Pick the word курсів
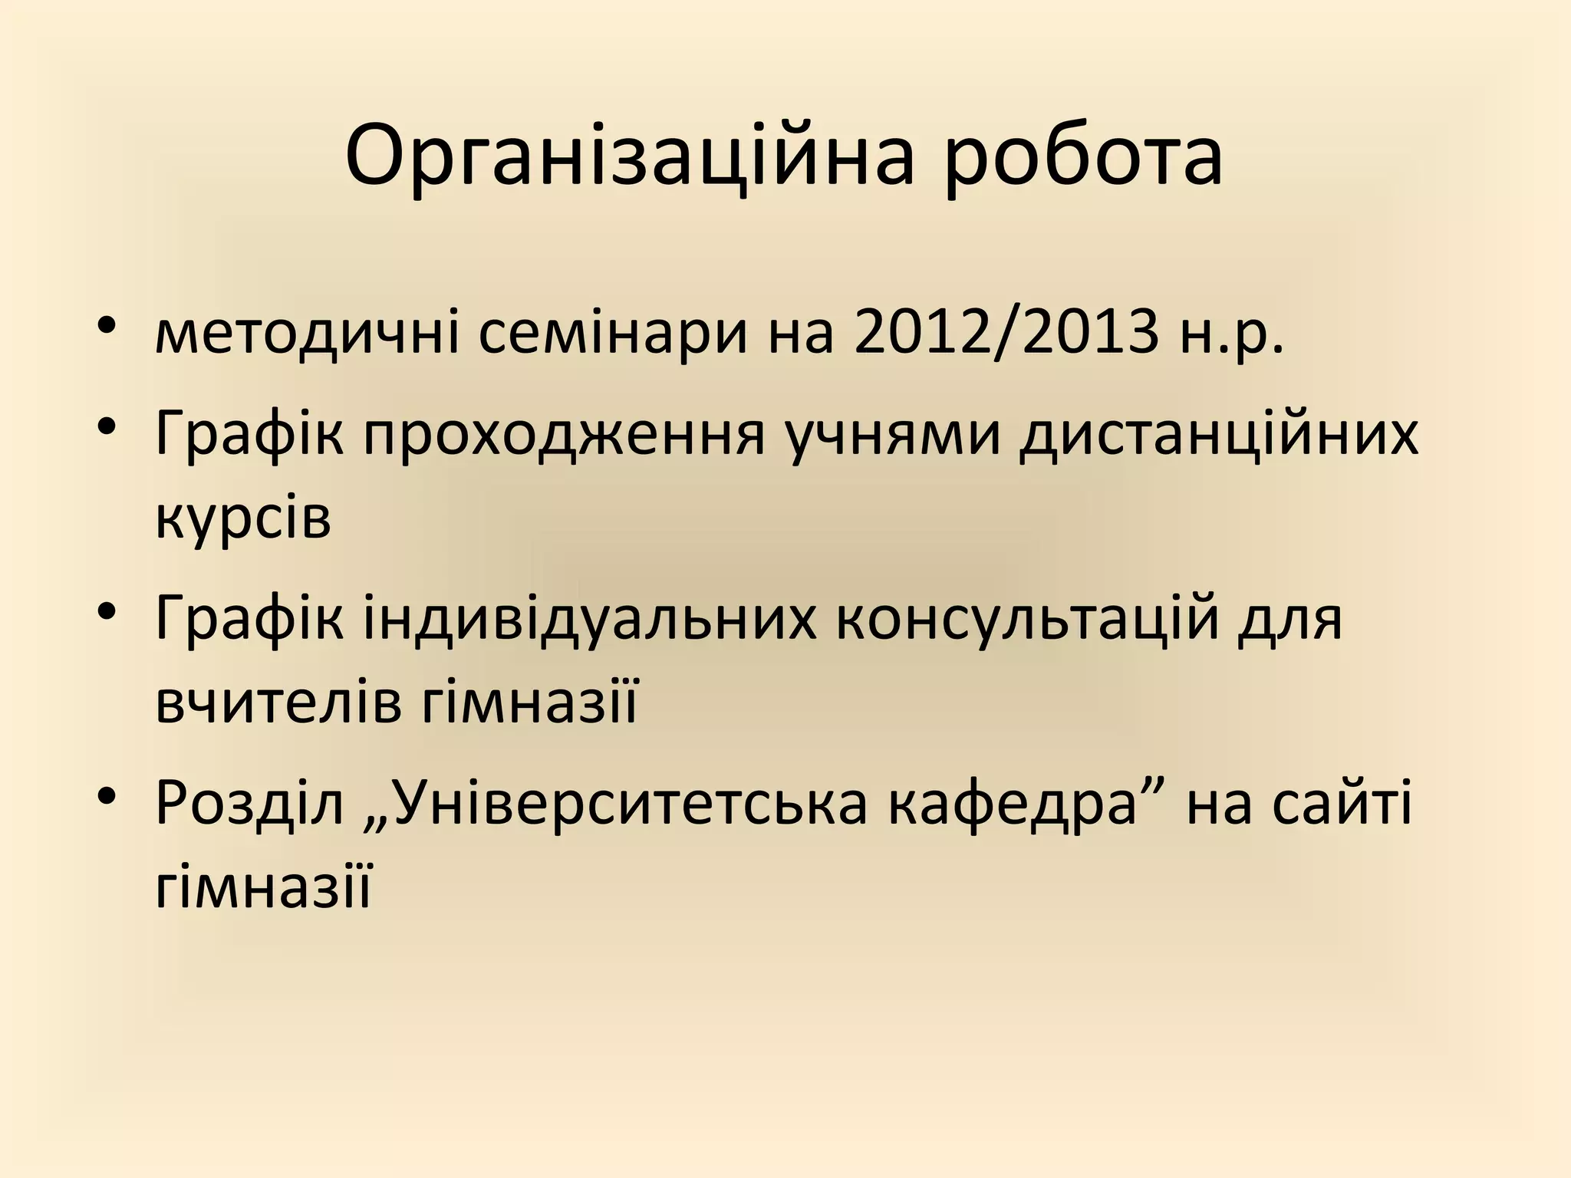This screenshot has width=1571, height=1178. click(x=243, y=519)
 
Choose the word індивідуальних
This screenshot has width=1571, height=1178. click(x=590, y=618)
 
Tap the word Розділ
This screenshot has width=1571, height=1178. click(x=250, y=803)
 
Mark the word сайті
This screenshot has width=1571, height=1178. click(x=1341, y=803)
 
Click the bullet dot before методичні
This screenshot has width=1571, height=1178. click(x=107, y=324)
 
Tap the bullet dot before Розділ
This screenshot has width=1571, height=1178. click(x=107, y=794)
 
